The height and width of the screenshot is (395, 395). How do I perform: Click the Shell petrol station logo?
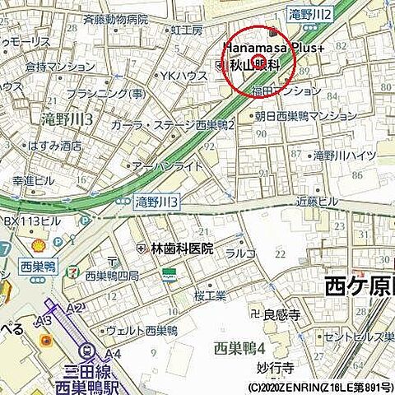tap(37, 245)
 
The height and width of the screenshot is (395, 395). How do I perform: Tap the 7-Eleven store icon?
tap(75, 269)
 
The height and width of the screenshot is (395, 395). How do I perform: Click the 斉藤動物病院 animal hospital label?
tap(115, 18)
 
